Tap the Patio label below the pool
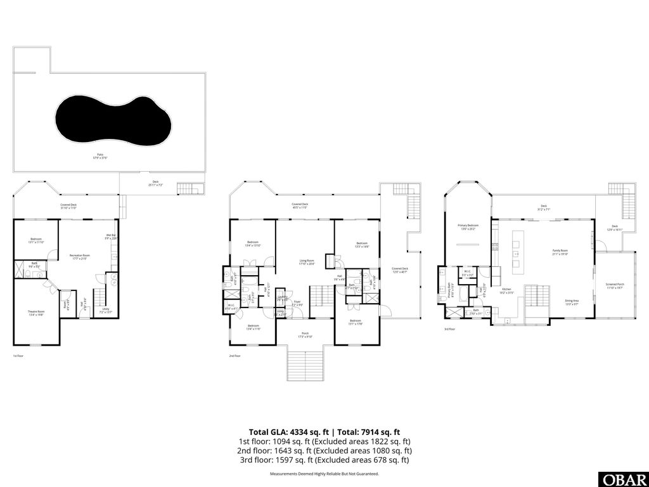pos(98,155)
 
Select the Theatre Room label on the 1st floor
pos(36,312)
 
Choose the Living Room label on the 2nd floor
pos(307,261)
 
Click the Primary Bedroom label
pos(468,226)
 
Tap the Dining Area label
pos(572,302)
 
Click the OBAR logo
pos(622,478)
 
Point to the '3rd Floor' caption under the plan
pos(451,329)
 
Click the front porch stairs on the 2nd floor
pos(305,364)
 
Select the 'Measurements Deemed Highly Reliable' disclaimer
pos(324,474)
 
